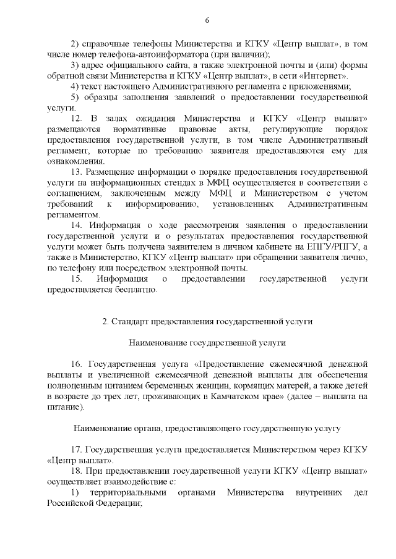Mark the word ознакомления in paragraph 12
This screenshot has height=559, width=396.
point(72,161)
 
